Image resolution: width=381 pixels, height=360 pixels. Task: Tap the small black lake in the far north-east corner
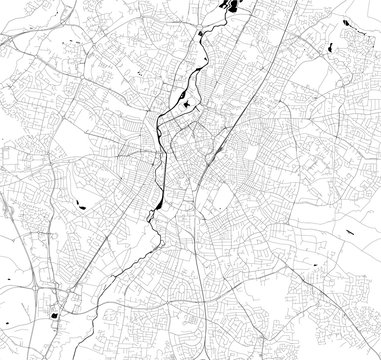(x=347, y=22)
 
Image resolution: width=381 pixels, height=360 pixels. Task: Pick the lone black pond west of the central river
(x=80, y=207)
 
